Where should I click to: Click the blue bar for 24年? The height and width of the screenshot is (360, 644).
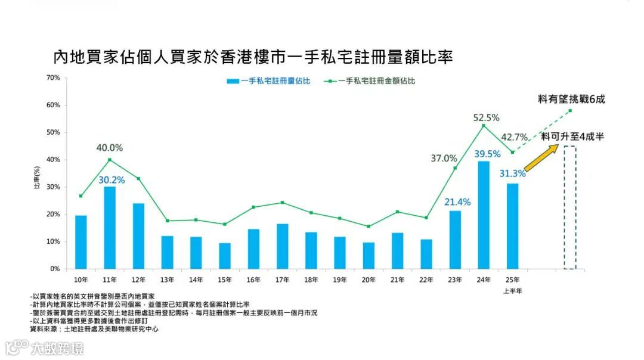[484, 215]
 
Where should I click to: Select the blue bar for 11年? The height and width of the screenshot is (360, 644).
[110, 228]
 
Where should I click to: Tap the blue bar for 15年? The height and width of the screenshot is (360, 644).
[225, 256]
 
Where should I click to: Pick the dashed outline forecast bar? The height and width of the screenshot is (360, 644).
[570, 207]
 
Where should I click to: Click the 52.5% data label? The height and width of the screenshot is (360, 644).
[486, 117]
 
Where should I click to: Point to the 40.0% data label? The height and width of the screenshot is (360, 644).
[110, 148]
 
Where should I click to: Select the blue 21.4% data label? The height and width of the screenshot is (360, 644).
[457, 202]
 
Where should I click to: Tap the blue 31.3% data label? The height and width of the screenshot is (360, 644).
[512, 173]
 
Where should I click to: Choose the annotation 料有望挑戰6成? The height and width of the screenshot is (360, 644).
[571, 100]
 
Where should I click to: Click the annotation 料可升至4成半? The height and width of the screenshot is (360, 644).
[573, 136]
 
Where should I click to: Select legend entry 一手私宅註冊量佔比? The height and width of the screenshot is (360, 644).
[268, 81]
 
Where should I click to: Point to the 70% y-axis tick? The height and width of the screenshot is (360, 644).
[53, 77]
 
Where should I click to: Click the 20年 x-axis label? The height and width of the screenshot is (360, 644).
[369, 279]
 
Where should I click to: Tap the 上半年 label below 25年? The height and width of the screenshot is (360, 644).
[512, 291]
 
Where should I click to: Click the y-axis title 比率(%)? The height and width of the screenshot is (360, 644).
[36, 178]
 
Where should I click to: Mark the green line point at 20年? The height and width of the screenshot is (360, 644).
[369, 226]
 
